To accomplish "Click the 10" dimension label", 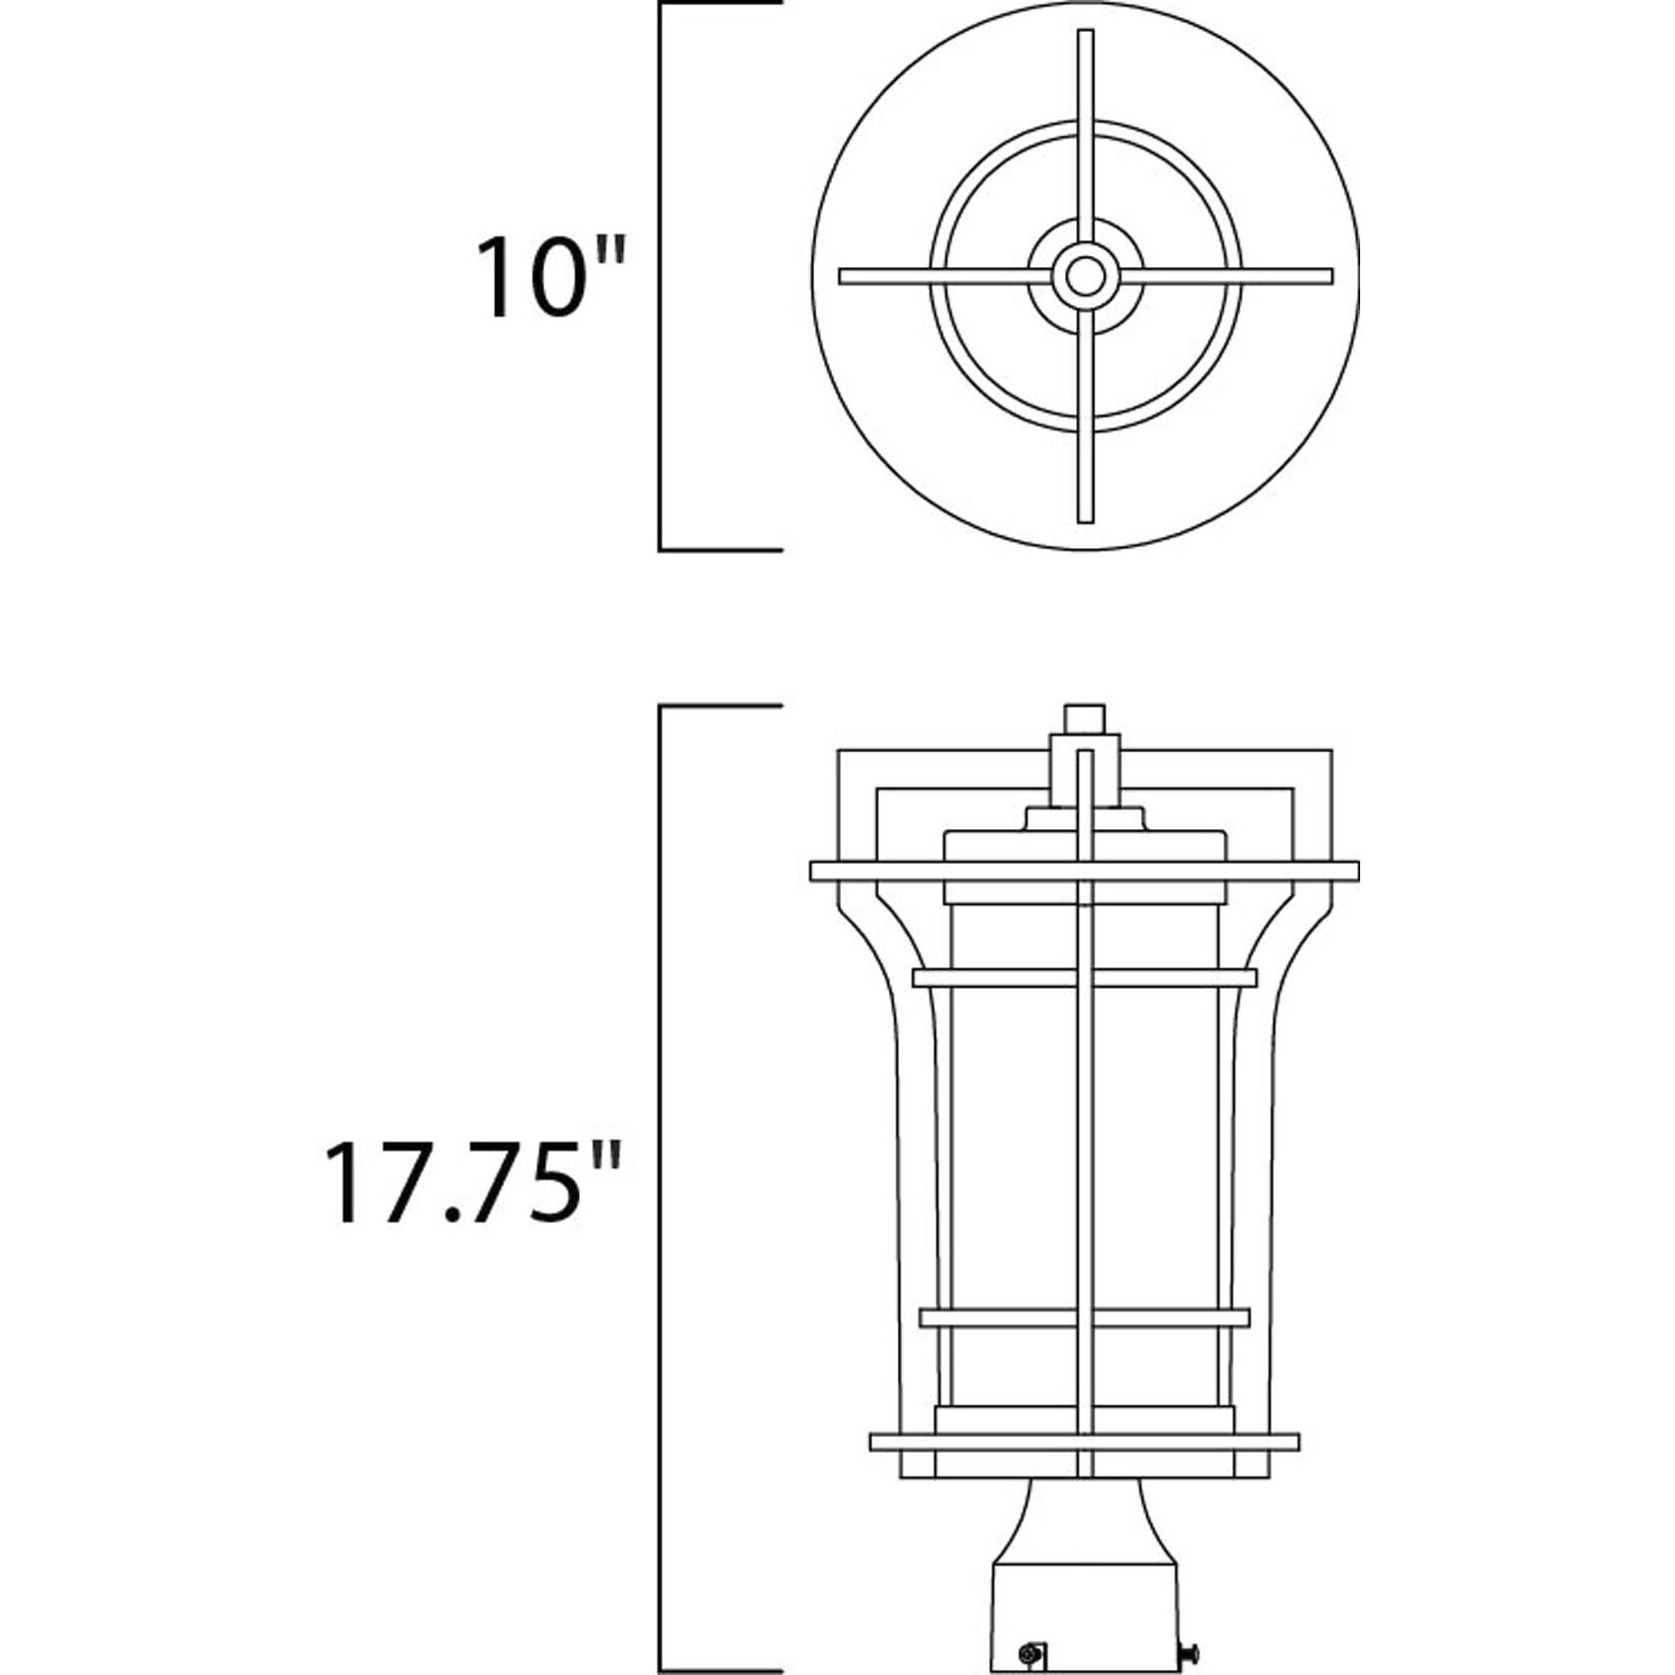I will point(549,278).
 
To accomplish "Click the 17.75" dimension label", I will point(472,1182).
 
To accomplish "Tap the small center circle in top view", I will point(1084,276).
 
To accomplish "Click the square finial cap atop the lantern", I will point(1084,717).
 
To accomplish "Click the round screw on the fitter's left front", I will point(1032,1626).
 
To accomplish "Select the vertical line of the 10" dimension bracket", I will point(660,276).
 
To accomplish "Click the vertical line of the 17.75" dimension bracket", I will point(660,1186).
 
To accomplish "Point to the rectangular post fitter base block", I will point(1084,1604).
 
